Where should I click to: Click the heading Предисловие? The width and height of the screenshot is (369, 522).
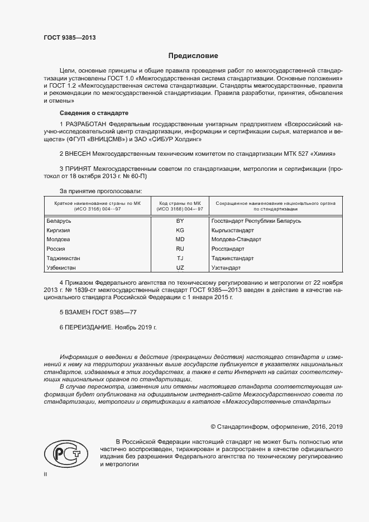pos(194,56)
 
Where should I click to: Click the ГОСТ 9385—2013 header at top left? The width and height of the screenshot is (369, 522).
pos(69,38)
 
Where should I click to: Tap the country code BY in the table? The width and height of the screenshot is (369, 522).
pos(180,221)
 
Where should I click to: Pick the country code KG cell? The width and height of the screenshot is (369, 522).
pos(180,230)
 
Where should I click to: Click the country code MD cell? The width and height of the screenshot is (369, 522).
pos(180,240)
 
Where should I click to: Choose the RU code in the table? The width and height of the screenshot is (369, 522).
pos(180,249)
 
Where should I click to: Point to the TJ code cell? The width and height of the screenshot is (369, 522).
pos(180,258)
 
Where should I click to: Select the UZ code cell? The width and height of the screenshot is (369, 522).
pos(180,268)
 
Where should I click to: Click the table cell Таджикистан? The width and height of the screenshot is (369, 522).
pos(66,258)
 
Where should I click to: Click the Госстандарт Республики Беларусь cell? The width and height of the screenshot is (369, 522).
pos(256,221)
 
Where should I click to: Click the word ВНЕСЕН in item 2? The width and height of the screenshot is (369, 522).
pos(79,153)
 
